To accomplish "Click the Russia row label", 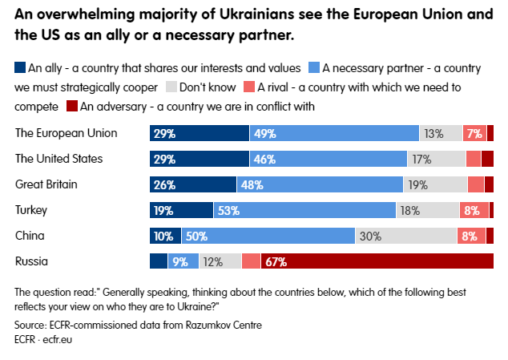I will (x=32, y=261).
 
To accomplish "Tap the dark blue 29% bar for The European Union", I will (x=200, y=133).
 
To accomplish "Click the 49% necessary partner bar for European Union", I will (x=334, y=133).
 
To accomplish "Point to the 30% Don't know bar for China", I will (x=405, y=236).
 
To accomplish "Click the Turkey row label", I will (x=31, y=210).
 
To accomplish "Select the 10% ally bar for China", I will (x=166, y=236).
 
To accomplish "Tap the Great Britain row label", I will (x=46, y=184).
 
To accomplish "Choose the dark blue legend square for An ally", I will (x=20, y=69).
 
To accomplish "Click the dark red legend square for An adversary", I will (x=72, y=104).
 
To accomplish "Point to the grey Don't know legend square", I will (x=171, y=87).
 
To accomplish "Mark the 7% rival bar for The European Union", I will (x=474, y=133).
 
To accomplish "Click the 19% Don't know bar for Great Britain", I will (x=435, y=184).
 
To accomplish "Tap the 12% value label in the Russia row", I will (x=212, y=261).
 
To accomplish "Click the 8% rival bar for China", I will (x=470, y=236).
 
